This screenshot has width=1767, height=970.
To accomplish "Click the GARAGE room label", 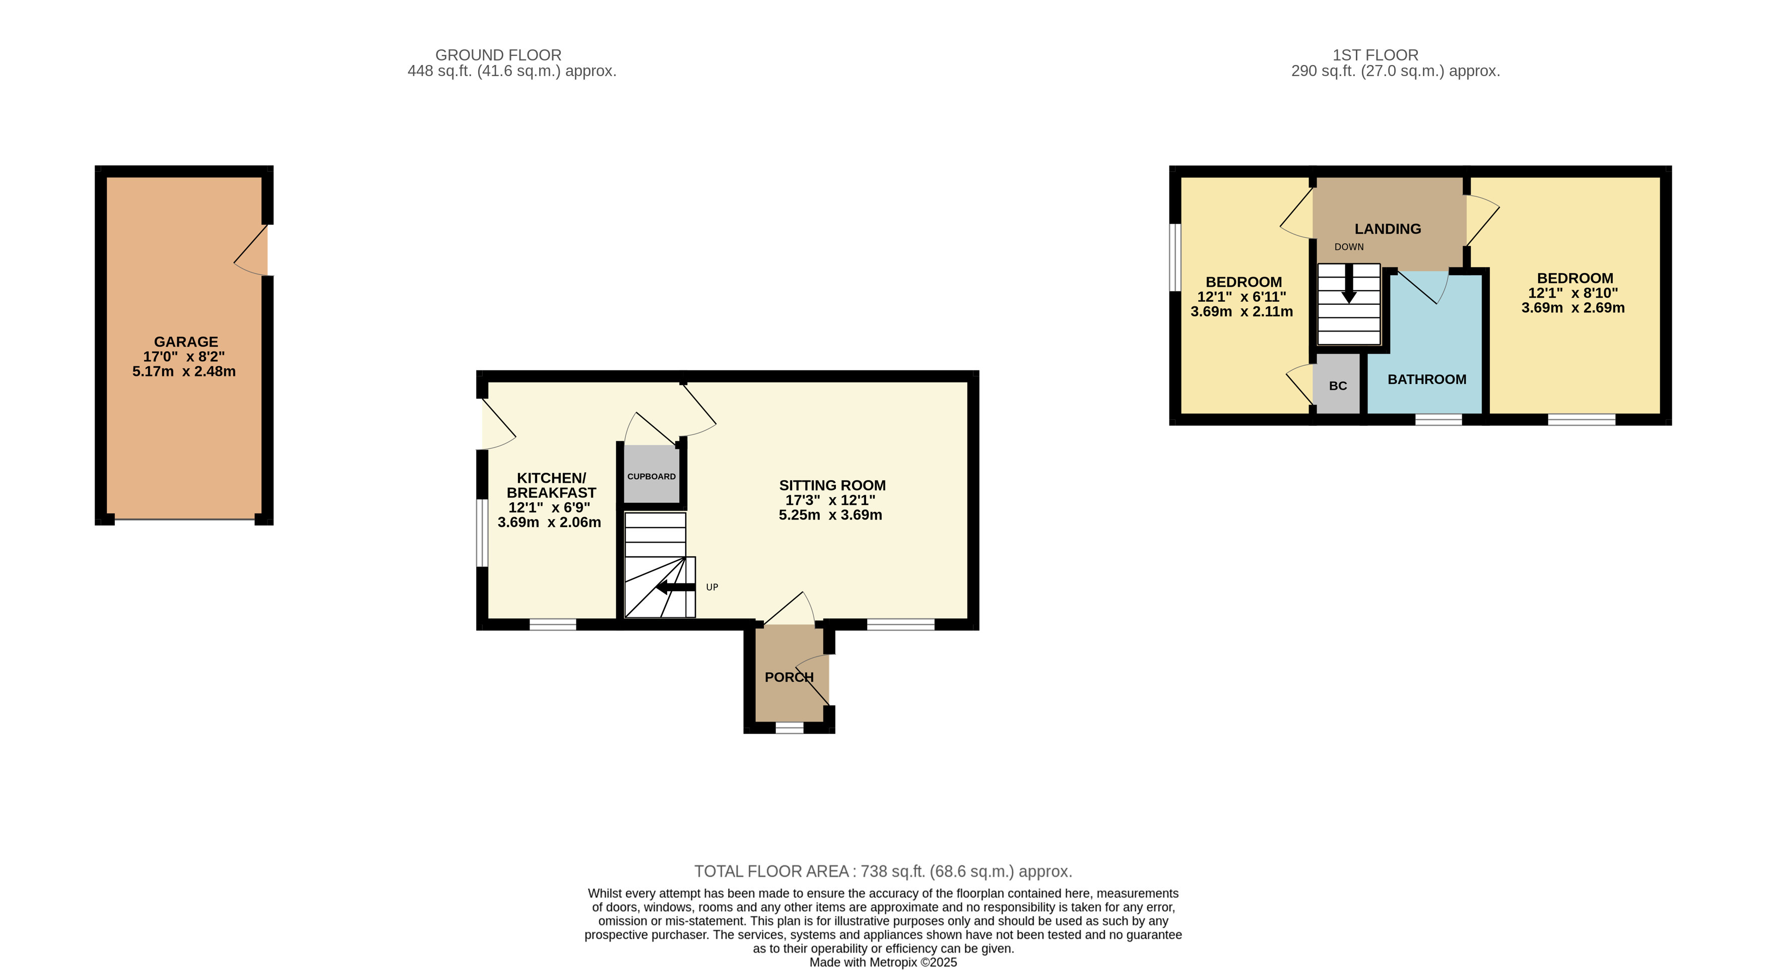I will [x=185, y=342].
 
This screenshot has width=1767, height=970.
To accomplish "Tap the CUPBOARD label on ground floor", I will [x=651, y=477].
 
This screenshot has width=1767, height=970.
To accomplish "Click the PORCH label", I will [x=789, y=677].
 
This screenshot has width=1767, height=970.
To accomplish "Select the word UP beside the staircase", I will [x=712, y=587].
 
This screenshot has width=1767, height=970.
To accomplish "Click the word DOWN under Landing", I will [x=1349, y=247].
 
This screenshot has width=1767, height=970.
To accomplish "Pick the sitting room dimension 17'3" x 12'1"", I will [x=830, y=500].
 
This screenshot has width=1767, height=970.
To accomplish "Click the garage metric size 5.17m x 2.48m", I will [x=184, y=372].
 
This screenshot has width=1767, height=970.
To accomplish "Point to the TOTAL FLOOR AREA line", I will [x=883, y=871].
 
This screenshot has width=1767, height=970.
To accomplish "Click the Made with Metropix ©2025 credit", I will [x=883, y=962].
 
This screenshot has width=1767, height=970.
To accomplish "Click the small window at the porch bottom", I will [x=789, y=728].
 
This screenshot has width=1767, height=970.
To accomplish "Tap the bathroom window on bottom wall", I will [x=1438, y=419].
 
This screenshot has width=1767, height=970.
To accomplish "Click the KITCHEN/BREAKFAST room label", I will [x=551, y=485].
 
